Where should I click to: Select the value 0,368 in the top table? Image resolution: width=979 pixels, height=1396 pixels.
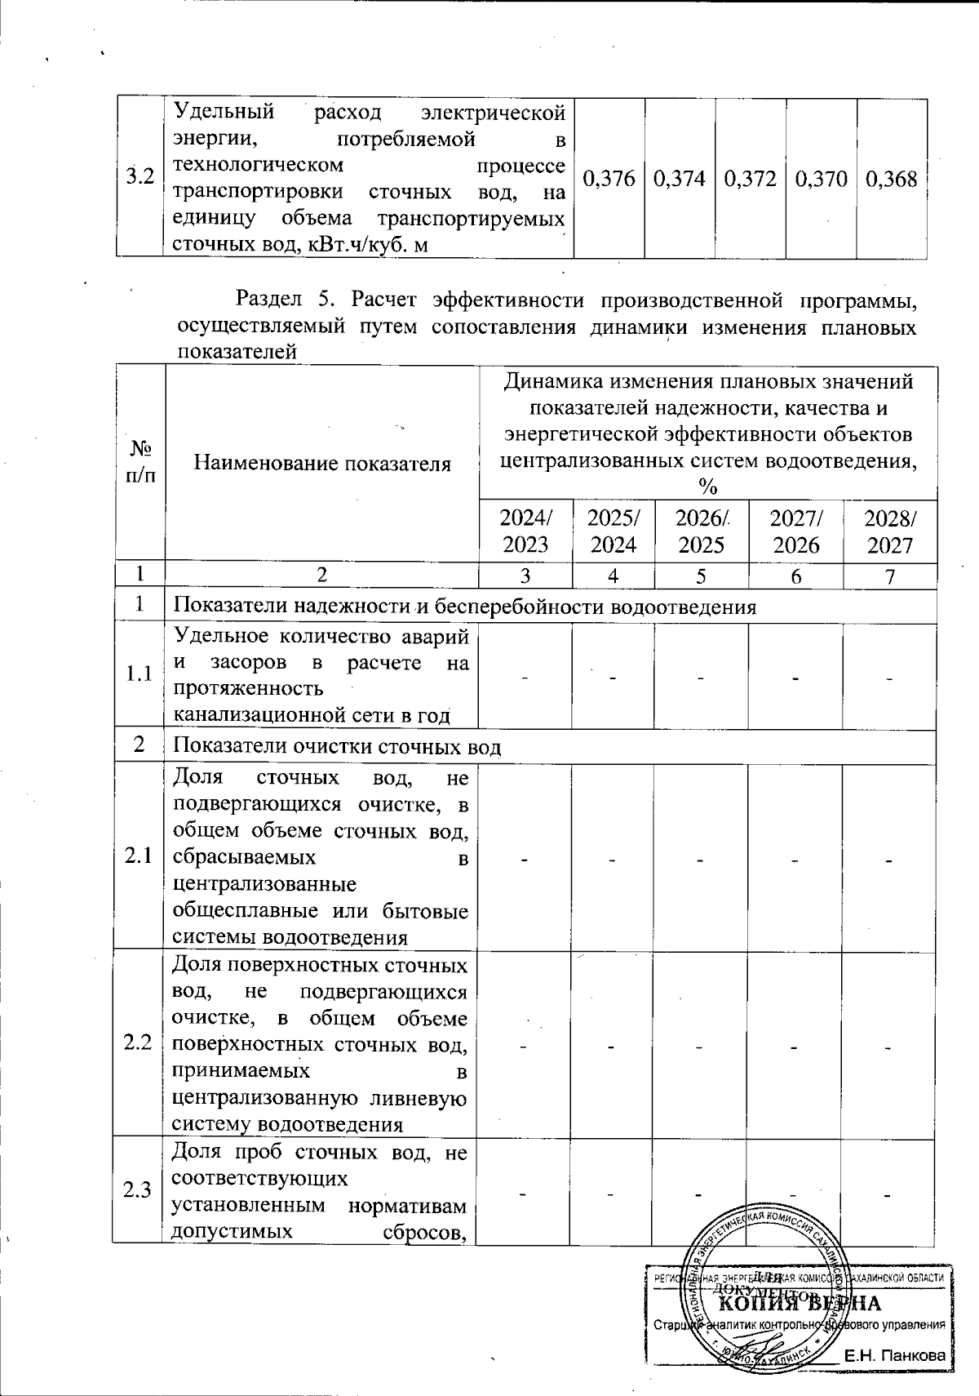[891, 179]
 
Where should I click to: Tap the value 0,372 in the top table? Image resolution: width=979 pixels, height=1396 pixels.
[751, 179]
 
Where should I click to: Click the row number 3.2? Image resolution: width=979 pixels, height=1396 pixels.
[140, 178]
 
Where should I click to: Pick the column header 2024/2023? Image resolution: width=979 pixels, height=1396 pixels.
[525, 531]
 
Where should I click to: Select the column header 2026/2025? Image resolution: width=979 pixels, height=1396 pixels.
[702, 531]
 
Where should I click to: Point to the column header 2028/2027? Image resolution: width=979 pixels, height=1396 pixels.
[890, 531]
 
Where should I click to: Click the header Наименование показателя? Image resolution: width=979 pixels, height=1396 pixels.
[322, 464]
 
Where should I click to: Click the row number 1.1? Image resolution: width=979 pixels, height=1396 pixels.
[140, 674]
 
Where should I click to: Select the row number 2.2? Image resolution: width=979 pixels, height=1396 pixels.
[139, 1043]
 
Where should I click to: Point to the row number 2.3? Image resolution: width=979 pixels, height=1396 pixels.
[139, 1190]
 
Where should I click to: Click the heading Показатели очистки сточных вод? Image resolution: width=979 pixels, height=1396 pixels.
[338, 747]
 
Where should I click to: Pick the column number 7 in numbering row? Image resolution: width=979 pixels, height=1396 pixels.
[890, 576]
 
